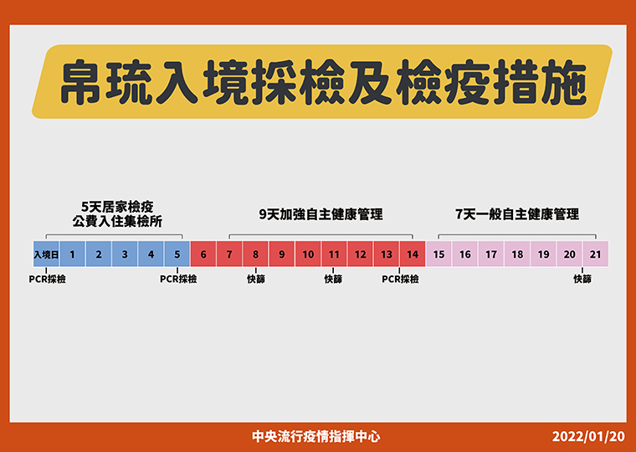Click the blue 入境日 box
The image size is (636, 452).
tap(46, 254)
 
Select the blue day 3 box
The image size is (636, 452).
tap(125, 254)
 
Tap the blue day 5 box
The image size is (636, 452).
tap(177, 254)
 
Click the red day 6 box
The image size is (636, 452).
tap(203, 254)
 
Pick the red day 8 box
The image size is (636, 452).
tap(255, 254)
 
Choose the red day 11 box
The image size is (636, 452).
tap(334, 254)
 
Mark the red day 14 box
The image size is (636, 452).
tap(413, 254)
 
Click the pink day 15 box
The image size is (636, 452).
tap(439, 254)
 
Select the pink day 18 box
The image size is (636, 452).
tap(517, 254)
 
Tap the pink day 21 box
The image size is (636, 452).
tap(596, 254)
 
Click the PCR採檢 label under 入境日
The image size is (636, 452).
tap(47, 280)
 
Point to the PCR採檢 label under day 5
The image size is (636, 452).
tap(178, 280)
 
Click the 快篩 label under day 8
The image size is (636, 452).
tap(256, 280)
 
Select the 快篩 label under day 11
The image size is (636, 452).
tap(333, 280)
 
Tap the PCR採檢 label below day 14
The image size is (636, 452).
tap(400, 280)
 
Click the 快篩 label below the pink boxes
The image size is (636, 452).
tap(582, 280)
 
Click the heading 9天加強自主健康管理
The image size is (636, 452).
tap(321, 214)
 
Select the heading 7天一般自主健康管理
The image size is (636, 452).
tap(517, 214)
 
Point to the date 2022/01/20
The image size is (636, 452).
tap(588, 437)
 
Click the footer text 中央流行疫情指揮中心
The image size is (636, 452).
tap(316, 437)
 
